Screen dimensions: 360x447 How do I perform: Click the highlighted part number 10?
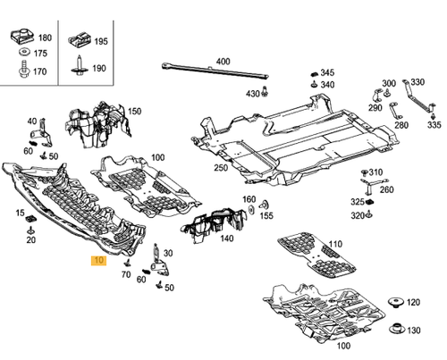click(x=97, y=261)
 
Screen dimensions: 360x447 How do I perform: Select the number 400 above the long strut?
click(x=223, y=62)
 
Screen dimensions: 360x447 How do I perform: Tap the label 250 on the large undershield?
click(x=220, y=168)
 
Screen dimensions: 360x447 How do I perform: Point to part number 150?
click(x=134, y=111)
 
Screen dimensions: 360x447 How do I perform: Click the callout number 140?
click(x=228, y=239)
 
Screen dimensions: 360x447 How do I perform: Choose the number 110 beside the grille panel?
click(x=335, y=244)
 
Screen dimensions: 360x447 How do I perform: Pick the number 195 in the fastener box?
click(x=100, y=41)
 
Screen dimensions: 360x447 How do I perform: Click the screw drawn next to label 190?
click(x=80, y=69)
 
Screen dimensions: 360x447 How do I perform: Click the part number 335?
click(x=434, y=126)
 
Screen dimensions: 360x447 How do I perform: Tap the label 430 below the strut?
click(x=253, y=94)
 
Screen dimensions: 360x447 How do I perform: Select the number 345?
click(x=327, y=72)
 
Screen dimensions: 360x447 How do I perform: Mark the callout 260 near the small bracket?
click(x=386, y=189)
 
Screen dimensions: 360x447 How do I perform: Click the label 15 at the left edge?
click(x=20, y=212)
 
